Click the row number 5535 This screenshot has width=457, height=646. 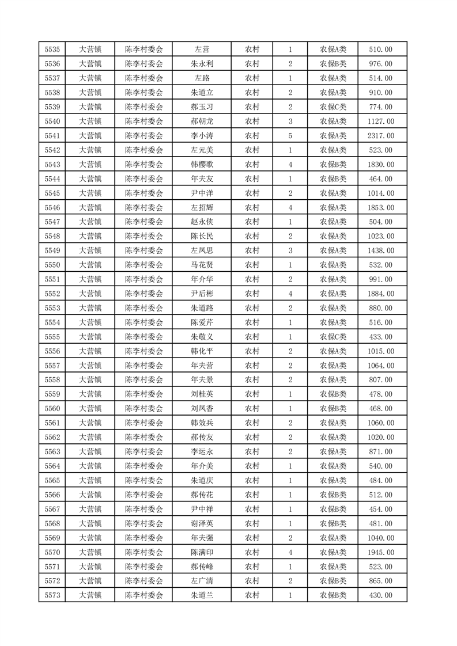[x=52, y=50]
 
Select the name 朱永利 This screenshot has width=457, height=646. [x=202, y=64]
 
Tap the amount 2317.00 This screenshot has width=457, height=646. [x=380, y=136]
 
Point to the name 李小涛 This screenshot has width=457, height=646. [x=202, y=136]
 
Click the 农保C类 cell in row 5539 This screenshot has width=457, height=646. [x=333, y=107]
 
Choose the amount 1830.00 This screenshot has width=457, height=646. [x=380, y=165]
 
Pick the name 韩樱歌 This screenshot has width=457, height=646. [x=202, y=165]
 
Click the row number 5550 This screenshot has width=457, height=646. [x=52, y=265]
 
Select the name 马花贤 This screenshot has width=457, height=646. [x=202, y=265]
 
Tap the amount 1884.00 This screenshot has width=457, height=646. [x=380, y=294]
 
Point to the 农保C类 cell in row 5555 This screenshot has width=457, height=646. [x=333, y=337]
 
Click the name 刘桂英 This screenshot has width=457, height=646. [x=202, y=394]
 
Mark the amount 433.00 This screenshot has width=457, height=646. [x=380, y=337]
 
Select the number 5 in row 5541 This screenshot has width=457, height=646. [x=290, y=136]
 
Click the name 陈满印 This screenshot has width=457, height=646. [x=202, y=552]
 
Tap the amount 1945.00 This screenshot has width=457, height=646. [x=380, y=552]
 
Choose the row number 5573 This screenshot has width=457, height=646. [x=52, y=595]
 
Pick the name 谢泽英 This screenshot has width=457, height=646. [x=202, y=523]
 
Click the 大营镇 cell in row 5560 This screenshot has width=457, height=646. [x=90, y=409]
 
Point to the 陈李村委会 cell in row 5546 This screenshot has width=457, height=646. [x=144, y=208]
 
